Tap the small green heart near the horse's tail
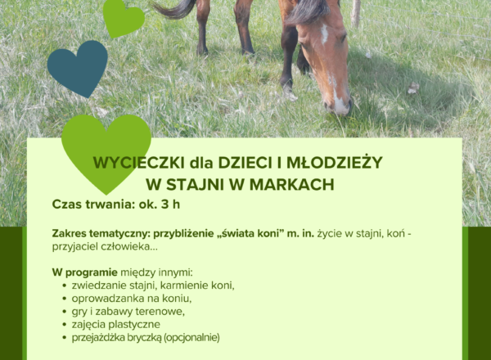click(124, 18)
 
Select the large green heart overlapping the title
click(106, 151)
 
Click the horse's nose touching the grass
click(340, 106)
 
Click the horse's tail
click(175, 8)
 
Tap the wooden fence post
click(355, 12)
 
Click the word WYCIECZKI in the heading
click(139, 163)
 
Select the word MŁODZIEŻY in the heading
click(335, 162)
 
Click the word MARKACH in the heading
click(292, 185)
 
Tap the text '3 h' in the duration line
click(170, 205)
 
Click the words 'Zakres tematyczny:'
click(101, 234)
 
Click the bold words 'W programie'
click(84, 273)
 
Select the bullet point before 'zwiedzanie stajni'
click(65, 286)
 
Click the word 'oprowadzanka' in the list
click(108, 299)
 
